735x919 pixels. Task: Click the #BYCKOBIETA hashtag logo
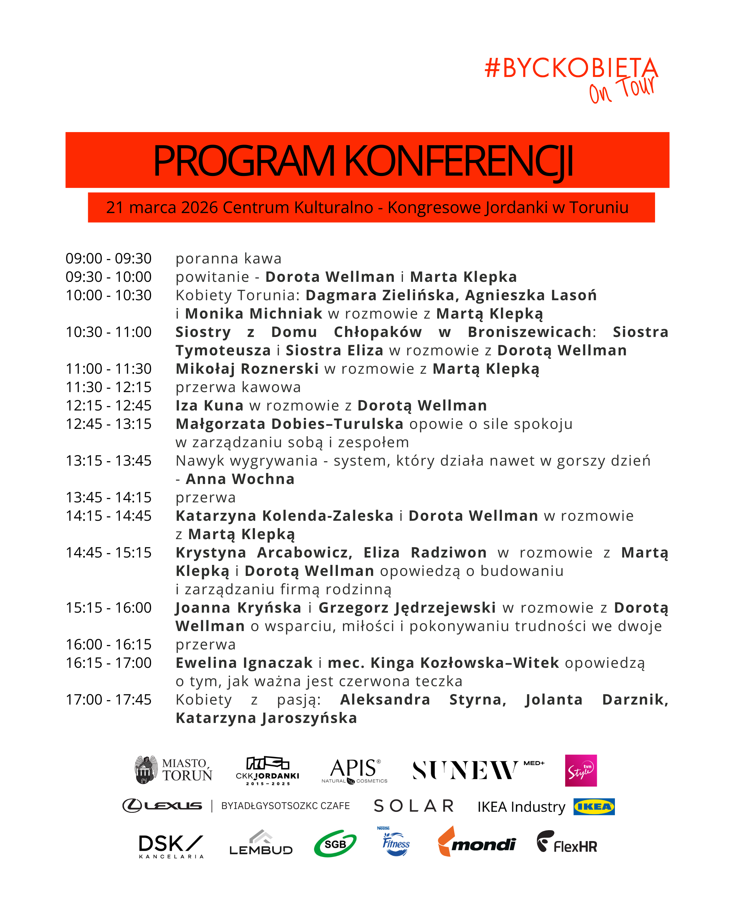click(x=571, y=68)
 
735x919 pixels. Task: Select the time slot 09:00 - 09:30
click(x=108, y=258)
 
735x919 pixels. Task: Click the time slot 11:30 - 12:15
click(x=108, y=387)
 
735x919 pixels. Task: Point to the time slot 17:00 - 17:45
click(x=108, y=699)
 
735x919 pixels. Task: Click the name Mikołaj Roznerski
click(x=247, y=369)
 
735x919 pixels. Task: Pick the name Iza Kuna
click(x=209, y=405)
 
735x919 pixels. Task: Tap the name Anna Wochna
click(x=240, y=479)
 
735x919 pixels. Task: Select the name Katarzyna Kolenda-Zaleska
click(x=284, y=516)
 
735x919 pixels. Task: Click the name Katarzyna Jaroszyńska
click(x=266, y=718)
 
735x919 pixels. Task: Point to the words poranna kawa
click(x=228, y=258)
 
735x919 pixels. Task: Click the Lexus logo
click(x=162, y=806)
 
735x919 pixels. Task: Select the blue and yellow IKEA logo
click(x=593, y=806)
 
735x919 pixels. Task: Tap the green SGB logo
click(x=335, y=843)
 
